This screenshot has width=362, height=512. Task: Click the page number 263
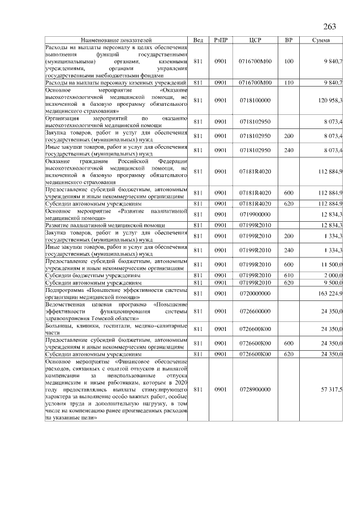coord(330,27)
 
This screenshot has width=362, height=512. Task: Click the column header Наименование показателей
coord(117,40)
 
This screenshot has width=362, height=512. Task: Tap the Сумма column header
coord(325,40)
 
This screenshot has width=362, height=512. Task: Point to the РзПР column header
coord(221,40)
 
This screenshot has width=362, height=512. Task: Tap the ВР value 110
coord(289,83)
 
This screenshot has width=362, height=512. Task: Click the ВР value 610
coord(289,276)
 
